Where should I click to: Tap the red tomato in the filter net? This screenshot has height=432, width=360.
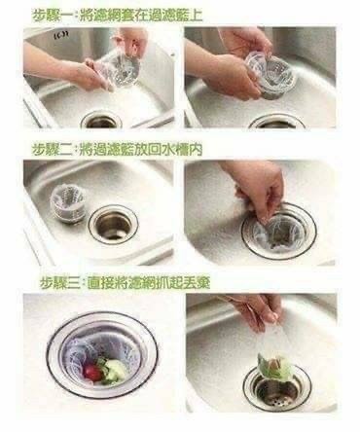[91, 371]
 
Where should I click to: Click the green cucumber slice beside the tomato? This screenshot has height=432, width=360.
[115, 370]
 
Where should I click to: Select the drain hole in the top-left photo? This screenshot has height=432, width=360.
[101, 120]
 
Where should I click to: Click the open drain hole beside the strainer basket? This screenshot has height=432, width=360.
[114, 222]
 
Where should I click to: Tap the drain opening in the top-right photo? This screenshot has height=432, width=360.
[277, 122]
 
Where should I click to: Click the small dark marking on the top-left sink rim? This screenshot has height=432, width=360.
[57, 35]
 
